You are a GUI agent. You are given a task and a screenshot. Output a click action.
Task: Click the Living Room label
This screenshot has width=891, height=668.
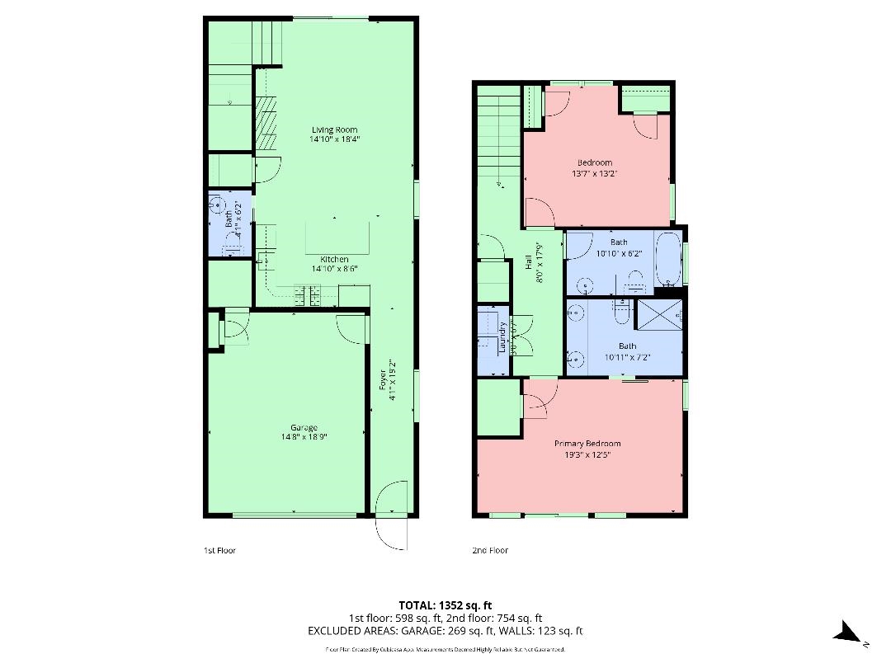tap(334, 129)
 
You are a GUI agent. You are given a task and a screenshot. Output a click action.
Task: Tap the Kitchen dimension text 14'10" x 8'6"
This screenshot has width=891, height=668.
tap(334, 269)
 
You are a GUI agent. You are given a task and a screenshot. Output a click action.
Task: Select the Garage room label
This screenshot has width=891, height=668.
tap(304, 427)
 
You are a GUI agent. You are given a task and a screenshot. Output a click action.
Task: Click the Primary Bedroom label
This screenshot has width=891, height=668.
tap(587, 444)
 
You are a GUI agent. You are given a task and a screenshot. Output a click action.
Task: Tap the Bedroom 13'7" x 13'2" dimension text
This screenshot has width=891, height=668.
tap(594, 174)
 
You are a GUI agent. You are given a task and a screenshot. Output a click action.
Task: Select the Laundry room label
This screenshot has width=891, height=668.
tap(502, 338)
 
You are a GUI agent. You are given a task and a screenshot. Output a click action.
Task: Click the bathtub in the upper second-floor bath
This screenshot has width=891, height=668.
tap(667, 261)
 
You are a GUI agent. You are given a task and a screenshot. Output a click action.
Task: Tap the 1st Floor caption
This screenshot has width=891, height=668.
tap(219, 550)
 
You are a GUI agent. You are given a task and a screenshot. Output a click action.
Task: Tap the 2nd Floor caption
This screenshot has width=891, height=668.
tap(490, 550)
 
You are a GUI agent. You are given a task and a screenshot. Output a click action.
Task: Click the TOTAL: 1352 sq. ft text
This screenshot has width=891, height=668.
tap(445, 605)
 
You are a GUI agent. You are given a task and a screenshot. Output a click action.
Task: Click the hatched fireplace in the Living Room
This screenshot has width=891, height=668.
tap(266, 123)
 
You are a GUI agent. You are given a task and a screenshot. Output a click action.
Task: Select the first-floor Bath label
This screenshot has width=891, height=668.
tap(229, 219)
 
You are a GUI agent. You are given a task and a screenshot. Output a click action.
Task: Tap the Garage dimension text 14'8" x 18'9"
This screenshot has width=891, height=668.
tap(304, 438)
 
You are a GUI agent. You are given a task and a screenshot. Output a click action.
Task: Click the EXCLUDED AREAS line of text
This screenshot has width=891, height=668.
tap(445, 631)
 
